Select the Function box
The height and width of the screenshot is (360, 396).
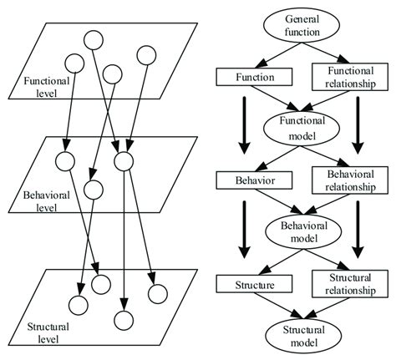click(x=250, y=77)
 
